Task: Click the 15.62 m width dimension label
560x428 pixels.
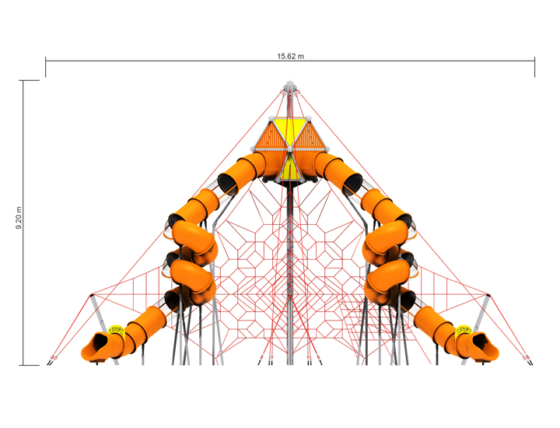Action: (x=290, y=56)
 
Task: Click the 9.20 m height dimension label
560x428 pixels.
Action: (x=19, y=218)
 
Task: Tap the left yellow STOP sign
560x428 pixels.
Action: (x=116, y=331)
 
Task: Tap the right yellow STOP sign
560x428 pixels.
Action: (x=464, y=330)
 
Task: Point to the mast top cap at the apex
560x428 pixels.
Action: (x=289, y=86)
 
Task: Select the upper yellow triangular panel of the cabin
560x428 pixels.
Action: (x=290, y=131)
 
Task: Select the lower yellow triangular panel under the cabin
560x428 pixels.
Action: (x=289, y=168)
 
